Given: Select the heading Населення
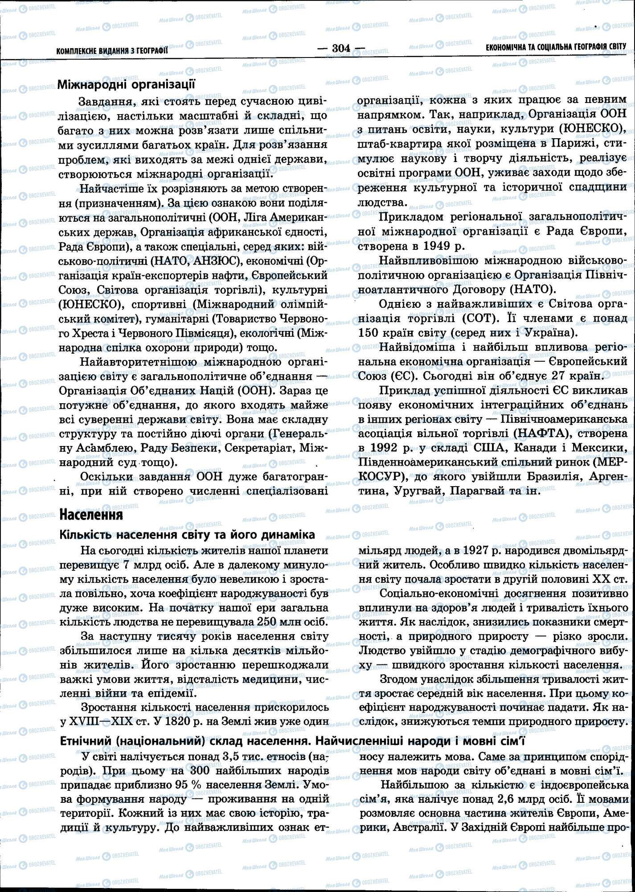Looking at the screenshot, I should click(91, 515).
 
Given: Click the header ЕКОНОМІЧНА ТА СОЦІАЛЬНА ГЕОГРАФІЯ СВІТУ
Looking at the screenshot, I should click(556, 47).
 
